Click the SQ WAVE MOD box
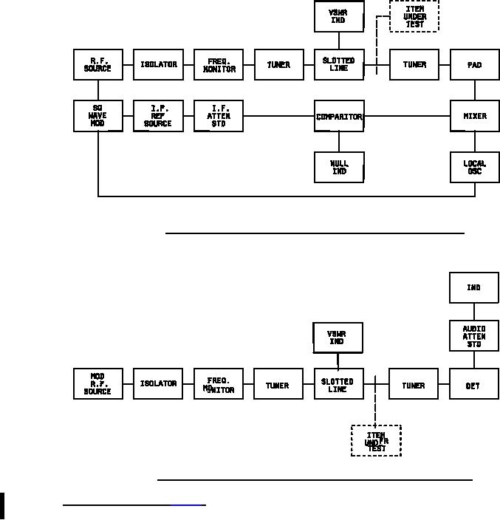coord(98,117)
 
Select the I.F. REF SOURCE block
coord(158,117)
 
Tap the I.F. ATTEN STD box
coord(219,117)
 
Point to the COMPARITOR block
coord(339,117)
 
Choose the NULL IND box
coord(339,167)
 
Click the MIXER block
coord(474,117)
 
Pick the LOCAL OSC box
coord(474,167)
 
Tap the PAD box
coord(474,65)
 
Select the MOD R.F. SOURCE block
coord(98,384)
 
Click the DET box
coord(473,385)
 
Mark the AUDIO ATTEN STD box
coord(473,336)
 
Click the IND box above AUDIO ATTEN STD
coord(473,287)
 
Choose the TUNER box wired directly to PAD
coord(414,65)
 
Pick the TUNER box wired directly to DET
coord(413,385)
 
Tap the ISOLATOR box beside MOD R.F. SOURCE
coord(158,384)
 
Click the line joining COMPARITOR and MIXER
coord(407,116)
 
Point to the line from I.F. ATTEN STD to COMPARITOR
coord(278,116)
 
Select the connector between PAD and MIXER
coord(474,90)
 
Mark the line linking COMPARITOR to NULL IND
coord(339,142)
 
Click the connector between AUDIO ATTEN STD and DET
coord(473,360)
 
